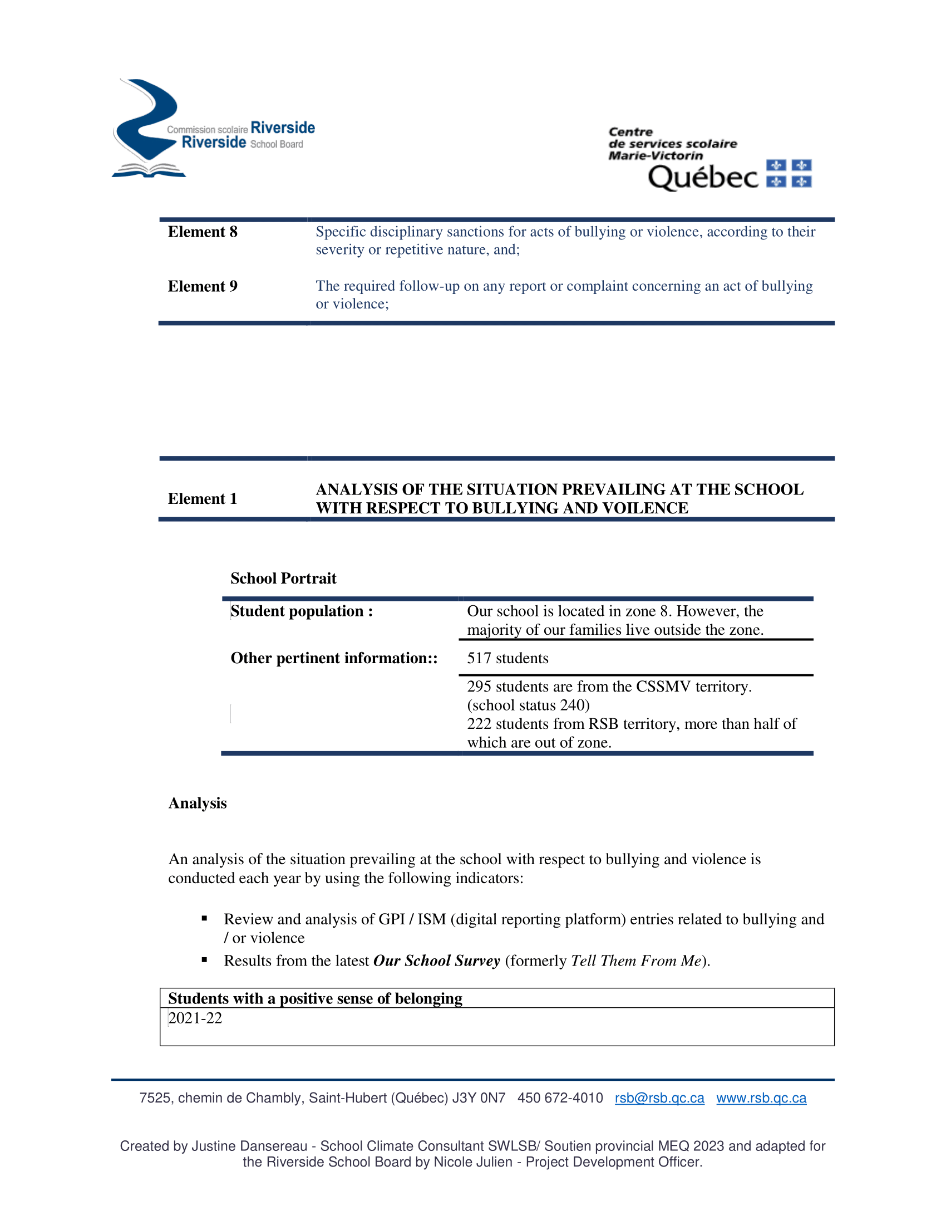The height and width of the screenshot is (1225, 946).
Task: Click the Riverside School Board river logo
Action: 147,129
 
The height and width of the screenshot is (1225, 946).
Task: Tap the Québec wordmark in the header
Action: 703,177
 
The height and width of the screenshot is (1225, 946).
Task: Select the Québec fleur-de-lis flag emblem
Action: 789,173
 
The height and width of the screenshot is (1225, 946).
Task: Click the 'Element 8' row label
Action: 203,232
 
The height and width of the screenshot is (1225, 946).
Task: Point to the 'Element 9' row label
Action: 203,286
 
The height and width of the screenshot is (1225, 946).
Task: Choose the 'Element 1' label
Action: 203,499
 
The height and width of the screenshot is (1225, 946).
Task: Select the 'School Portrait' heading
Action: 283,579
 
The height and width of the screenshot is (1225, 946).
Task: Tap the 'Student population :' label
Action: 302,611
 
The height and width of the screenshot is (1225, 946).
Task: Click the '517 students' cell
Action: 508,658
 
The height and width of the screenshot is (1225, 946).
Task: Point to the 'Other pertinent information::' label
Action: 334,658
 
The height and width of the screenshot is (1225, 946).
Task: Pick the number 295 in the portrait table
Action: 479,687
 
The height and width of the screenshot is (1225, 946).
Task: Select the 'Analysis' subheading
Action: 198,803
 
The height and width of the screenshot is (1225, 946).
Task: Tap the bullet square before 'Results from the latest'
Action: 205,961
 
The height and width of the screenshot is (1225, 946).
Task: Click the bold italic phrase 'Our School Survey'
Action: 436,961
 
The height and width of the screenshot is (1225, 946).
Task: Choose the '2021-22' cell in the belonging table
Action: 195,1018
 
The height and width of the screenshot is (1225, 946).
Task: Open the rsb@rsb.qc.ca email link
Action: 659,1098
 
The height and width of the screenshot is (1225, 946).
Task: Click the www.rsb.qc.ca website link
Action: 761,1098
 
